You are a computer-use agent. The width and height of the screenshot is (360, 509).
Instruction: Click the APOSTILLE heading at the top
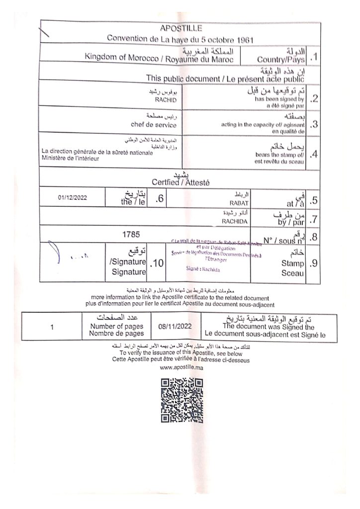[x=181, y=28]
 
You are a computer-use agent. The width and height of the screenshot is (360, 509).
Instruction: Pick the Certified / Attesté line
[x=180, y=182]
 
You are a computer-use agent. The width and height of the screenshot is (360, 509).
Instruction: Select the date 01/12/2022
[x=72, y=197]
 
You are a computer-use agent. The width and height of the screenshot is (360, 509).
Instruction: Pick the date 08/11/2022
[x=175, y=326]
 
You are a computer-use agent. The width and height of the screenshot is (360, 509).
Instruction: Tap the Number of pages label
[x=116, y=326]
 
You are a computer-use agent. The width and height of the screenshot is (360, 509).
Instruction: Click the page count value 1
[x=52, y=327]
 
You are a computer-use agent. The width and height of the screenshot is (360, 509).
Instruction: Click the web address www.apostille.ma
[x=180, y=368]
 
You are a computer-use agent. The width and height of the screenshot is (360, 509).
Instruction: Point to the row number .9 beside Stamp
[x=313, y=264]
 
